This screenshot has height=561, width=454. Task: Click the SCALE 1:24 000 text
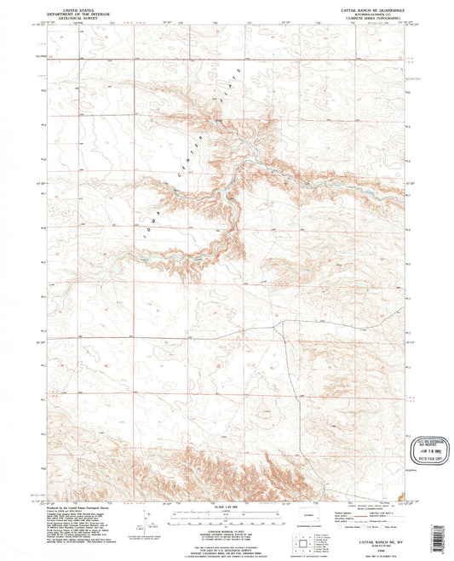click(226, 508)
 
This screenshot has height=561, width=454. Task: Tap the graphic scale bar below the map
click(226, 517)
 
